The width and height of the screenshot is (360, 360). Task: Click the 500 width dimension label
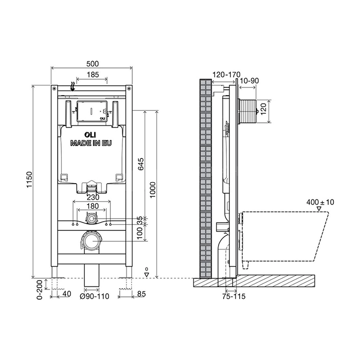click(93, 64)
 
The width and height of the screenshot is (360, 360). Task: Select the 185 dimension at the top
click(93, 75)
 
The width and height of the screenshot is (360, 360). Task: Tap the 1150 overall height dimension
click(29, 179)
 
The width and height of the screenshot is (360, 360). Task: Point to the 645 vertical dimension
click(141, 164)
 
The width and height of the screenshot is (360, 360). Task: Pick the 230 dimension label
click(93, 197)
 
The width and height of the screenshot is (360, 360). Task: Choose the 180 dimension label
click(93, 206)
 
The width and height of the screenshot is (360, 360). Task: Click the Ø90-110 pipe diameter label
click(94, 296)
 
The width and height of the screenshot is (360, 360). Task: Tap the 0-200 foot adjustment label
click(40, 290)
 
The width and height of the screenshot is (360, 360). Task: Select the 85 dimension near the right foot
click(141, 294)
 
